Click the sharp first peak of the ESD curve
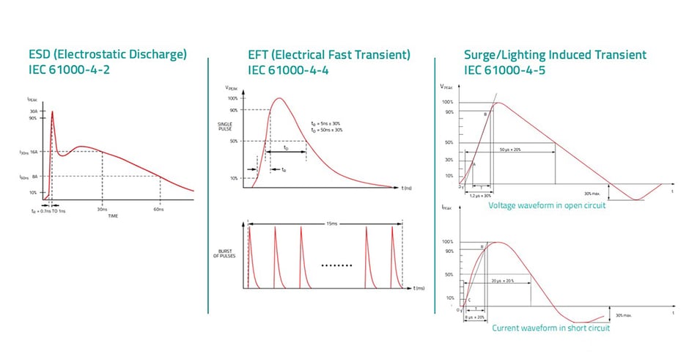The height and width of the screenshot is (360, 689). pyautogui.click(x=52, y=112)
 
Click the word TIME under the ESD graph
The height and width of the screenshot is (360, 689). pyautogui.click(x=108, y=216)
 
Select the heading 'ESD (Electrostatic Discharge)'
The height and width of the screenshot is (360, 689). pyautogui.click(x=108, y=54)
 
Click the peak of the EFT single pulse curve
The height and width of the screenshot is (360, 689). pyautogui.click(x=277, y=98)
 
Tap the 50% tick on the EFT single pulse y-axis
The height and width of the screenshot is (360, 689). pyautogui.click(x=234, y=141)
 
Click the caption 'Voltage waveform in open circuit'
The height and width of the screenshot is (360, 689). pyautogui.click(x=547, y=205)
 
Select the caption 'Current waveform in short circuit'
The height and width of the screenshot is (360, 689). pyautogui.click(x=550, y=328)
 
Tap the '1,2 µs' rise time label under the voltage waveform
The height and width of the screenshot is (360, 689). pyautogui.click(x=480, y=196)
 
